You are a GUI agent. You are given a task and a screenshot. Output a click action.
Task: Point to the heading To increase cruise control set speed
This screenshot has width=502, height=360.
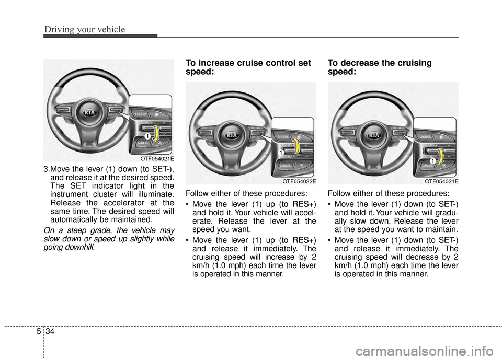[x=248, y=68]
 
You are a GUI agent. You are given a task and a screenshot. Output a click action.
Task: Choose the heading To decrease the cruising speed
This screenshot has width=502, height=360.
[x=380, y=68]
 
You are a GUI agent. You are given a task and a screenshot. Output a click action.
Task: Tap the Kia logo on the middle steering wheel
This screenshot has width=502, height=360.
[x=230, y=135]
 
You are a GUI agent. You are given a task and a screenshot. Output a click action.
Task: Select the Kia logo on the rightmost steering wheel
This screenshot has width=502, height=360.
[x=373, y=135]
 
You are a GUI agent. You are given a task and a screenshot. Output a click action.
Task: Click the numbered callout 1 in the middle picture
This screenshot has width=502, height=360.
[x=281, y=152]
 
